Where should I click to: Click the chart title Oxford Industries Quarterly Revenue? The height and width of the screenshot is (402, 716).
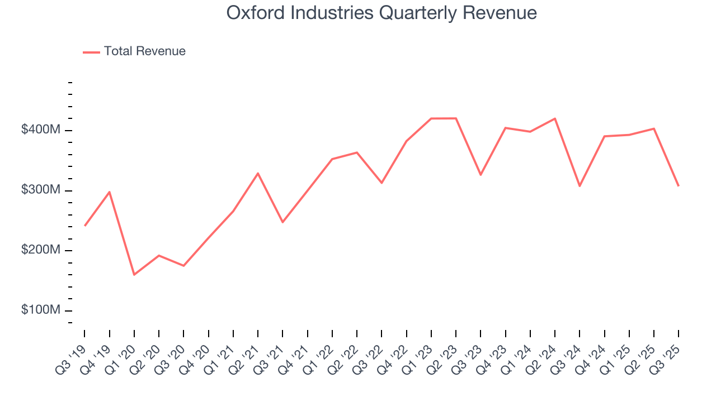click(x=381, y=13)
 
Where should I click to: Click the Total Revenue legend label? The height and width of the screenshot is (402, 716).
click(x=144, y=51)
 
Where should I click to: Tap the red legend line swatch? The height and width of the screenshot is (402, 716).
click(x=91, y=52)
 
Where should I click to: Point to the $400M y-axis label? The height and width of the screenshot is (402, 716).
click(x=40, y=130)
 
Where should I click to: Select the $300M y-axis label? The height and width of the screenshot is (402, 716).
click(x=40, y=190)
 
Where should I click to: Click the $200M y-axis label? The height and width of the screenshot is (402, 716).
click(x=40, y=250)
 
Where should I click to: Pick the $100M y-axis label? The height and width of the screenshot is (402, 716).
click(x=40, y=310)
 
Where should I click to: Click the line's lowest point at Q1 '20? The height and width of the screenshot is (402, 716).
click(x=134, y=275)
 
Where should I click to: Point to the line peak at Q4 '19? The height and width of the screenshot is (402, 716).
click(x=110, y=192)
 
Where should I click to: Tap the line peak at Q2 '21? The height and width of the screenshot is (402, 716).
click(x=258, y=173)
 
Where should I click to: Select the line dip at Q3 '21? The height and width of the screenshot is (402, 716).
click(x=282, y=222)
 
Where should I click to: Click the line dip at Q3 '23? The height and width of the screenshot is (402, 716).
click(x=481, y=175)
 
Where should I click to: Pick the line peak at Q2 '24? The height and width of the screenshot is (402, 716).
click(x=555, y=118)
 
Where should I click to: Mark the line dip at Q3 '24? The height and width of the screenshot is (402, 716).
click(x=580, y=186)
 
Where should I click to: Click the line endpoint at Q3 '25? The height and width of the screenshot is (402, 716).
click(x=679, y=185)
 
